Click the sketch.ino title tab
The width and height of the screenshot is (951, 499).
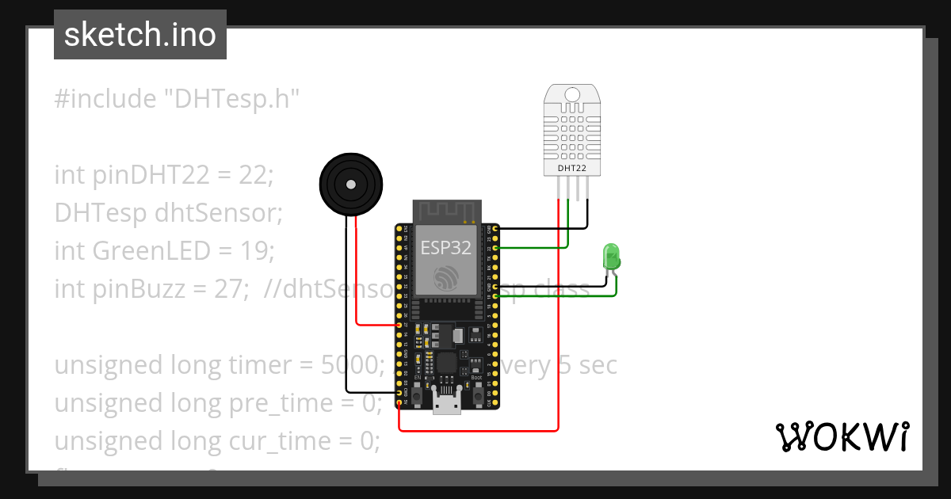(x=139, y=35)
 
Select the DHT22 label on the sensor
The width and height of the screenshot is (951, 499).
(x=571, y=168)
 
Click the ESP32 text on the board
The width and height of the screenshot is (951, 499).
(x=445, y=248)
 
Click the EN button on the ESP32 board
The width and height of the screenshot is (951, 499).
(x=417, y=394)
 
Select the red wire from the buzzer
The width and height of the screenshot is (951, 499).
(x=357, y=277)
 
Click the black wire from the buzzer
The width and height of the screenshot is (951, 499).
(x=346, y=317)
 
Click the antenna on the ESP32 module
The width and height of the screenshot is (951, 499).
(x=447, y=211)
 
